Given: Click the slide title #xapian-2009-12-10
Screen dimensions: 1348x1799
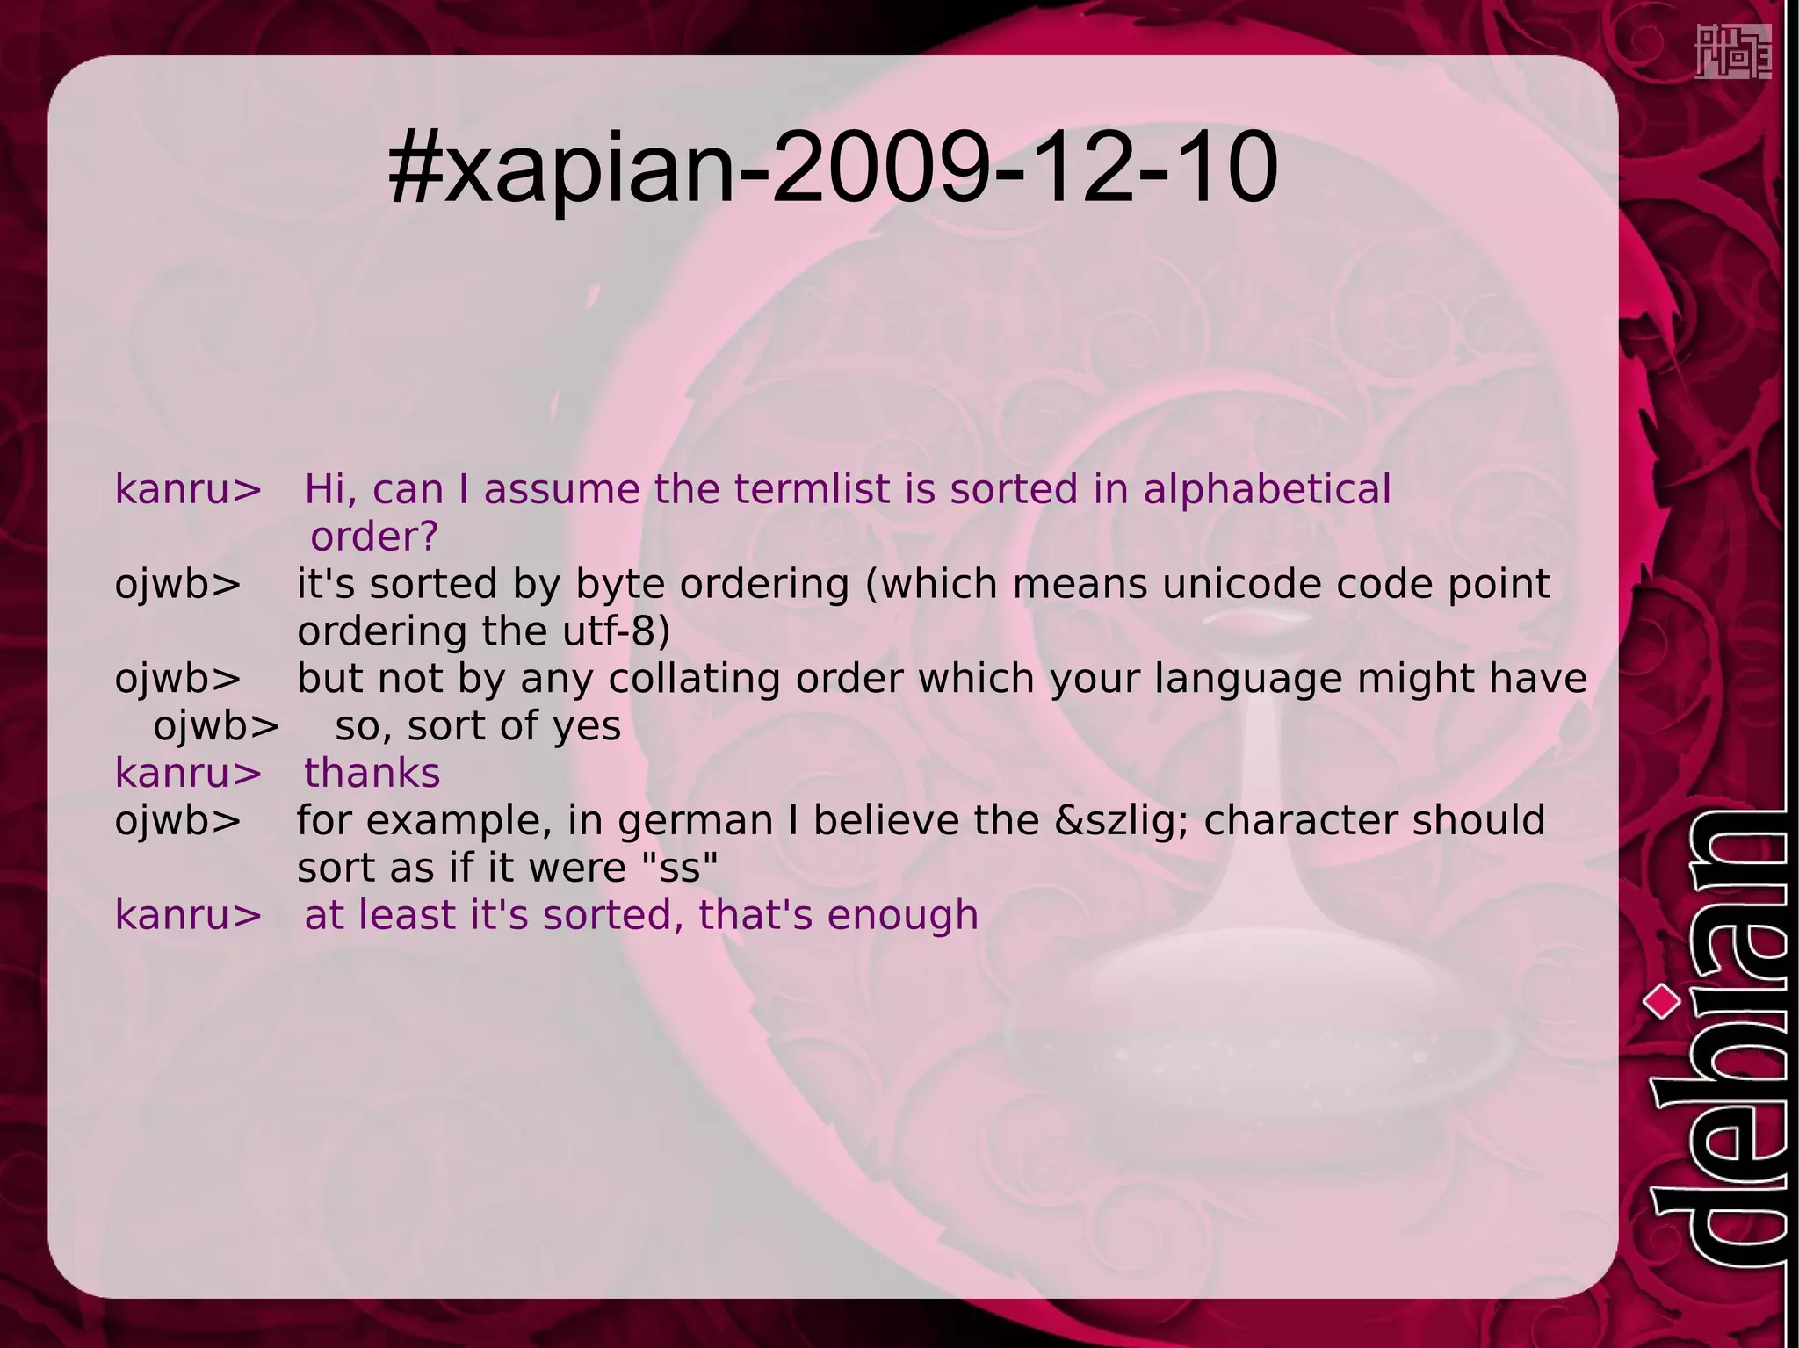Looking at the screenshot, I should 832,167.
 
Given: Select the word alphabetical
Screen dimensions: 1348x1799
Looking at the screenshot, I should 1267,489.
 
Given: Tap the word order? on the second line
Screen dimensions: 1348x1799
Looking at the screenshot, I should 374,537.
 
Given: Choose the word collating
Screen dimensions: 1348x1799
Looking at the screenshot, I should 694,679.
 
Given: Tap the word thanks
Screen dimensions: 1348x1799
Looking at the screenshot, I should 372,774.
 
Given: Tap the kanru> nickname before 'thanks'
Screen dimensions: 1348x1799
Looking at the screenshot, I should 188,774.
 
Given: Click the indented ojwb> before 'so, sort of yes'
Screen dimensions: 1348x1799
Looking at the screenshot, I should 216,726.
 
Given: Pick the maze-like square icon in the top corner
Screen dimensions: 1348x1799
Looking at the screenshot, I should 1732,52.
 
